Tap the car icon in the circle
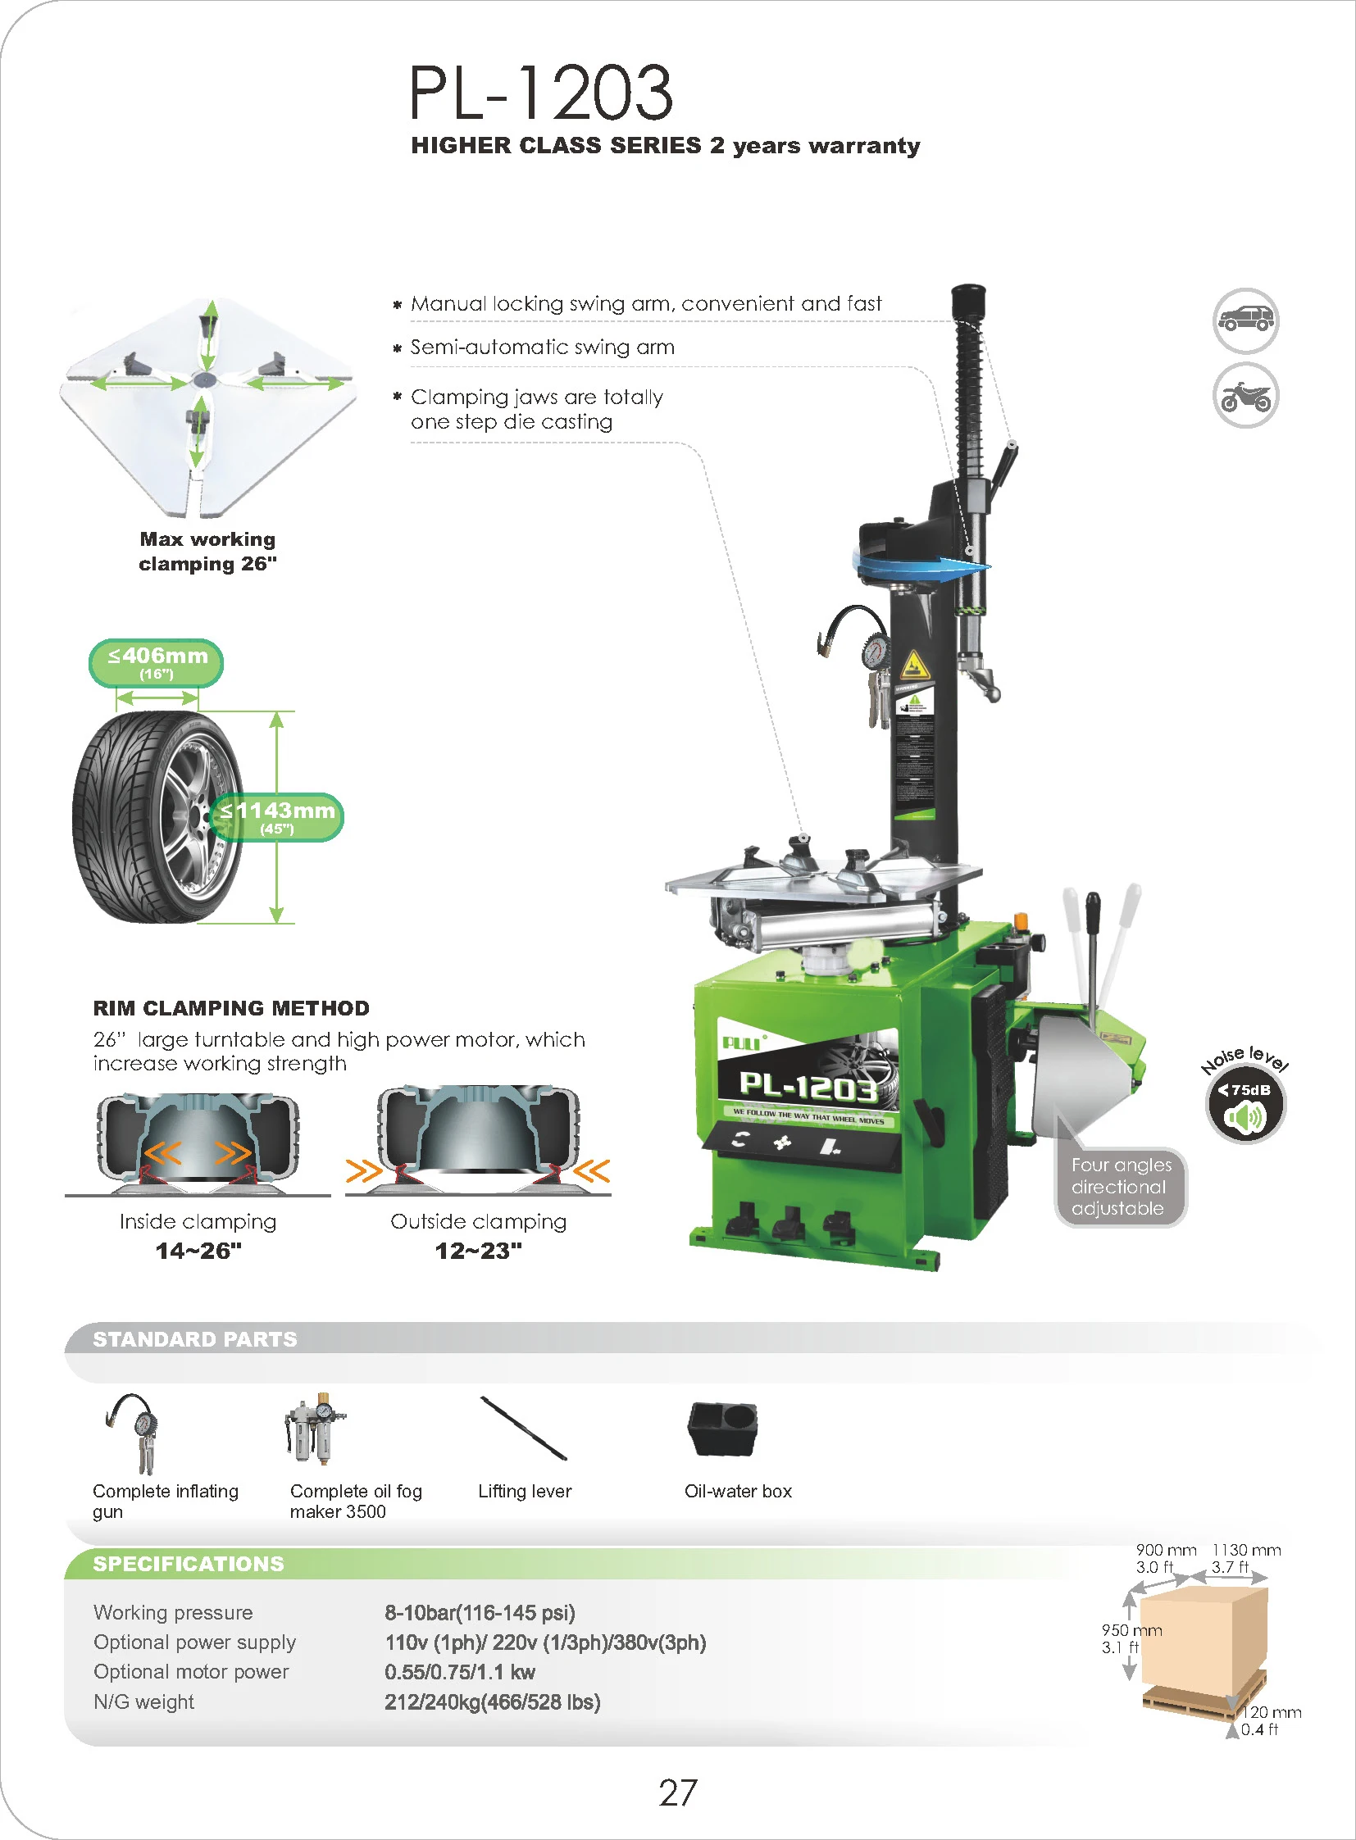[1245, 320]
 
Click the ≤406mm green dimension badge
[156, 662]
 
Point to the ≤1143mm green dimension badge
[277, 816]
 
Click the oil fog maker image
[315, 1428]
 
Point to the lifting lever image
[524, 1429]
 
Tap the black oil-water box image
[722, 1429]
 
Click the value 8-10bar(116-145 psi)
[480, 1613]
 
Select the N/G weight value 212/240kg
[492, 1702]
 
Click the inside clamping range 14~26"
[198, 1251]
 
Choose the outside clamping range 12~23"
[479, 1251]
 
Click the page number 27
[677, 1793]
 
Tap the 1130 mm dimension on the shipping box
[1246, 1551]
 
